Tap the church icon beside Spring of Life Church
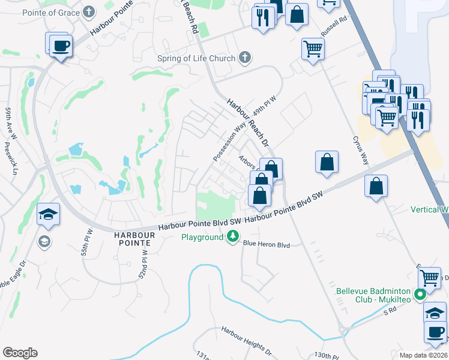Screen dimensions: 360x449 [244, 58]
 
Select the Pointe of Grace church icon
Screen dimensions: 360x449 [89, 11]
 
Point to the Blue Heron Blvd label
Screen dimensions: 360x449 [267, 244]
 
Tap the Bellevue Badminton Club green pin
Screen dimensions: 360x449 [421, 294]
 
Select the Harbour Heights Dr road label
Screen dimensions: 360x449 [246, 340]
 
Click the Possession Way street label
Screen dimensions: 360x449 [229, 142]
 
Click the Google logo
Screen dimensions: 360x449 [19, 353]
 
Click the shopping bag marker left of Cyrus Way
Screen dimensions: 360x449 [327, 161]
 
